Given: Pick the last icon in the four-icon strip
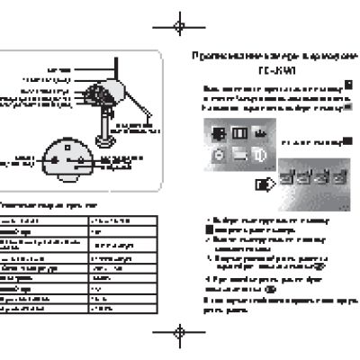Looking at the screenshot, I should [339, 176].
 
